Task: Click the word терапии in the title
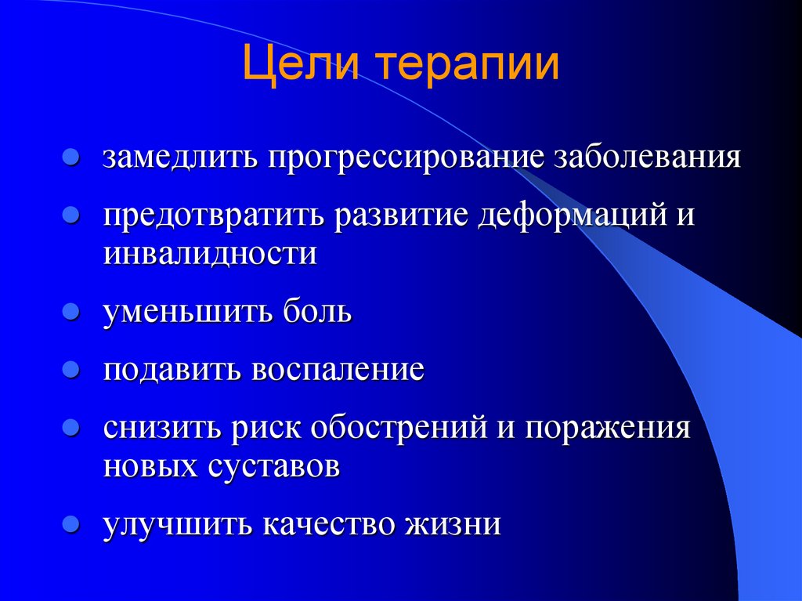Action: [x=471, y=65]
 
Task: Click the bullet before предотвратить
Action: [x=70, y=214]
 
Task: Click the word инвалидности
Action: [x=210, y=254]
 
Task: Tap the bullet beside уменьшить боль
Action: [x=70, y=311]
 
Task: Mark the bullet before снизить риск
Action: [x=70, y=428]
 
